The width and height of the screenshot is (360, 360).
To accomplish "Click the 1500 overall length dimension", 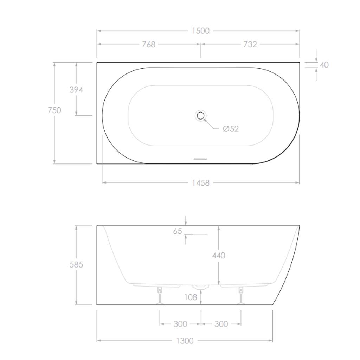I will pos(200,31).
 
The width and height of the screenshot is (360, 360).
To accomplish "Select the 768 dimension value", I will pos(149,44).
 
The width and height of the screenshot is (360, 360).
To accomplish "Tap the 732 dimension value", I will pos(250,44).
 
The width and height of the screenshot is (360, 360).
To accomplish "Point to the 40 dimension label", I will pos(324,65).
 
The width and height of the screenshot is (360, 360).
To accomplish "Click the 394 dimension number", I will pos(76,90).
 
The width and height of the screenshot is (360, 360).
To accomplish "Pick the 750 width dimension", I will pos(54,110).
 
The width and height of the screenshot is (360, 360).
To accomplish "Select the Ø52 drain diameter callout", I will pos(231,129).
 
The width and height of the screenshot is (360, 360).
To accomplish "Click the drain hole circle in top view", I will pos(201,115).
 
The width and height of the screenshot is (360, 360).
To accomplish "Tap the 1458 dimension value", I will pos(200,183).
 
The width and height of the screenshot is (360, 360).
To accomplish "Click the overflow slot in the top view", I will pos(201,159).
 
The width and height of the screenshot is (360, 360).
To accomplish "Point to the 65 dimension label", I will pos(178,231).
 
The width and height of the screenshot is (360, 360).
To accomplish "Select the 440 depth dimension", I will pos(218,255).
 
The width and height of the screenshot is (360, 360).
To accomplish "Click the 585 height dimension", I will pos(76,264).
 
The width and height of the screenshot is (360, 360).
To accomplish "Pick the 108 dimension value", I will pos(191,297).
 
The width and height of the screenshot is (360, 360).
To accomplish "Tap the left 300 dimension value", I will pos(180,324).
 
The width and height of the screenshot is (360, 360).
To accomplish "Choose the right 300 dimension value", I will pos(221,324).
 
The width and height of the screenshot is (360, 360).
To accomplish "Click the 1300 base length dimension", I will pos(185,341).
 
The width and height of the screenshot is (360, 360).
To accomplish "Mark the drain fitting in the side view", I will pos(201,287).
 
